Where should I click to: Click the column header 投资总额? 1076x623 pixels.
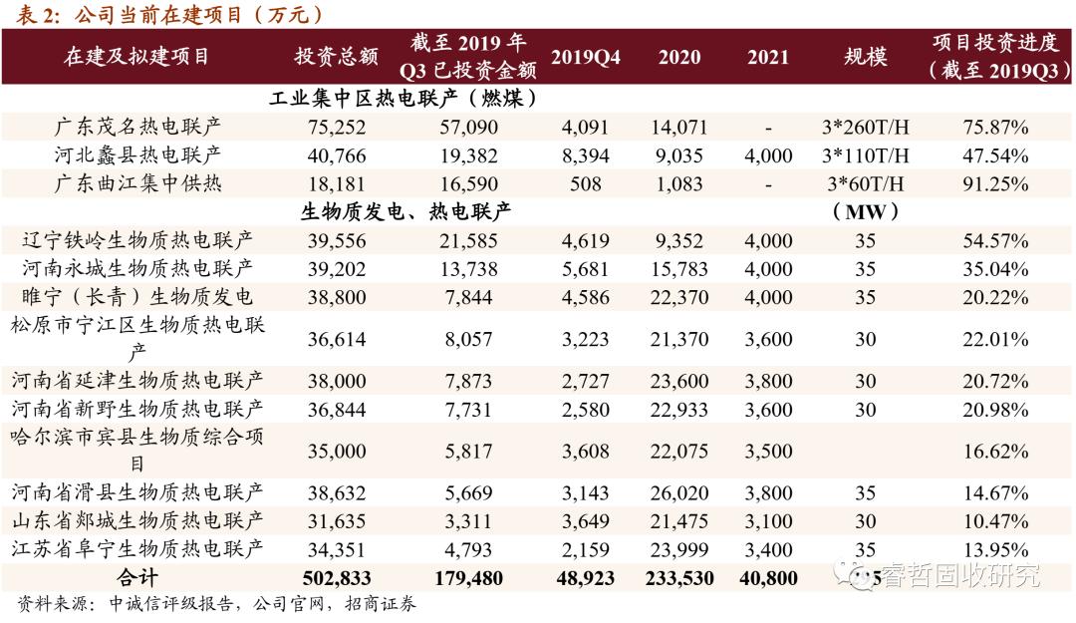click(337, 57)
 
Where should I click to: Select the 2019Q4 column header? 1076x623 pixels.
click(585, 57)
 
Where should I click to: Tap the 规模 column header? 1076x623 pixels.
click(865, 57)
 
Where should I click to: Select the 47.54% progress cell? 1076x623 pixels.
click(995, 156)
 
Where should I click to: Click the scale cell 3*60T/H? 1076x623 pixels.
click(865, 184)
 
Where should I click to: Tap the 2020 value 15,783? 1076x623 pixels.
click(678, 269)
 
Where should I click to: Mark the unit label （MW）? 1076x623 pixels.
click(865, 211)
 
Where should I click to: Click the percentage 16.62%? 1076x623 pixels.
click(995, 451)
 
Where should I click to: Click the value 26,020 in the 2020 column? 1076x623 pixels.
click(678, 491)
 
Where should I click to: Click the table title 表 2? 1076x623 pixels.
click(40, 14)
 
